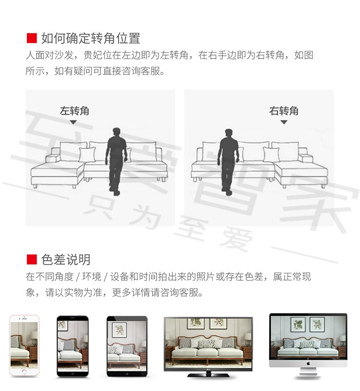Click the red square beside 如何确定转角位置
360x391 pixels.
[32, 38]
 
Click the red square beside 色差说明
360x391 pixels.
[32, 260]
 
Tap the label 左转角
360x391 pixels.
[74, 111]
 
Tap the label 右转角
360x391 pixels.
[284, 111]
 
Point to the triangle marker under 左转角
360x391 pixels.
[73, 122]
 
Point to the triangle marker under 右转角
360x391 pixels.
[284, 122]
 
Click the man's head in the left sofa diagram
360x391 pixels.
[117, 132]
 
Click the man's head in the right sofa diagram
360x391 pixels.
[229, 133]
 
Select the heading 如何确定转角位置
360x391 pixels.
[91, 38]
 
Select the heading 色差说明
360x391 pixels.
[66, 260]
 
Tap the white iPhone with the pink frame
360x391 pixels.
[24, 345]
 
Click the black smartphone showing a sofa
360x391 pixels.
[72, 346]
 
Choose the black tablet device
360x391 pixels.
[127, 346]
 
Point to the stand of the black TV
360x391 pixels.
[208, 374]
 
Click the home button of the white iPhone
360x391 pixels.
[24, 372]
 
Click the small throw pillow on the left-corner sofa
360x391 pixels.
[87, 154]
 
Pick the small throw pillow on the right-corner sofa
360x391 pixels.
[271, 154]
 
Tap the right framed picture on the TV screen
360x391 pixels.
[218, 323]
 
